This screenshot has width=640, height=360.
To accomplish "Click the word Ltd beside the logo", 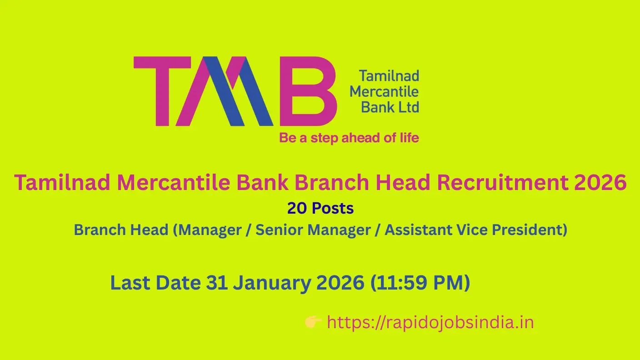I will [x=408, y=107].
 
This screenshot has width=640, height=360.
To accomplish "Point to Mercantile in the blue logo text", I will [x=384, y=91].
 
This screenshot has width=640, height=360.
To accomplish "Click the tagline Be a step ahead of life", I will [x=349, y=137].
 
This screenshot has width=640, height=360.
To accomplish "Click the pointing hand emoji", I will [x=314, y=323].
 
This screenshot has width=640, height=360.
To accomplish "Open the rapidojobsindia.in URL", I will [x=430, y=323].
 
